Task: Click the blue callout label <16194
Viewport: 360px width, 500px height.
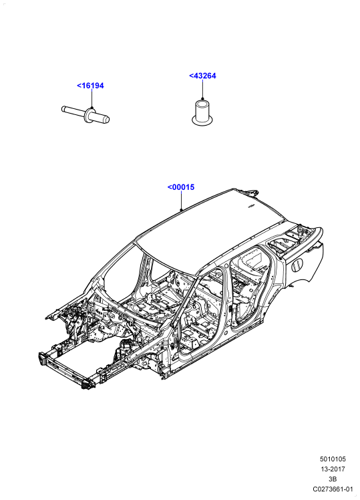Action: point(90,86)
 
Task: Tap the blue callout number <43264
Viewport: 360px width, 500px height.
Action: point(202,76)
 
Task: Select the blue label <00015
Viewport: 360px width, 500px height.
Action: point(181,187)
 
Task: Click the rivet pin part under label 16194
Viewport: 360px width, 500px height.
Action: point(85,114)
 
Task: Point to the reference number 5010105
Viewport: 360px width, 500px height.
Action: point(333,459)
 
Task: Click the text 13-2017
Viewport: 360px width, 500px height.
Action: point(333,469)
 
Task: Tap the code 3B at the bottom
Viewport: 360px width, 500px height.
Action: point(333,479)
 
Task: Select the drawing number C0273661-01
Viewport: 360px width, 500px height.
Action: point(333,489)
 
